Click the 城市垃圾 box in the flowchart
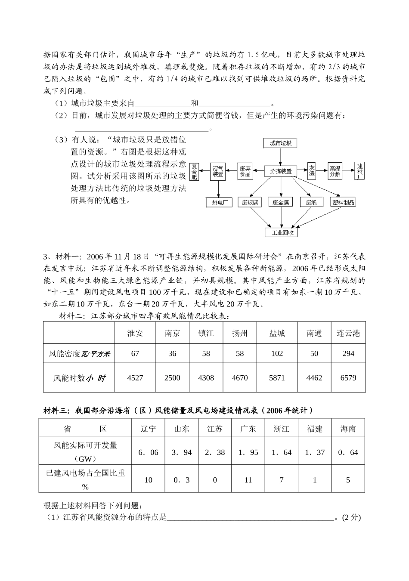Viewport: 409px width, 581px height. tap(280, 143)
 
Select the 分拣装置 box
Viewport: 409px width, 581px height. tap(281, 171)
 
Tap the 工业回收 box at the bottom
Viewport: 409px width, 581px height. tap(281, 232)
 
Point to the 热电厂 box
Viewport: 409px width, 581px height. tap(219, 202)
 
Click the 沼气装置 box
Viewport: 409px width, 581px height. tap(218, 171)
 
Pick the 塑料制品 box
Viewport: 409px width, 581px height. tap(343, 202)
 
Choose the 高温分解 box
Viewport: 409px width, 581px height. tap(335, 171)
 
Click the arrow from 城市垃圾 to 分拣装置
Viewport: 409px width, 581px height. tap(281, 157)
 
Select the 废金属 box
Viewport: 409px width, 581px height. tap(281, 202)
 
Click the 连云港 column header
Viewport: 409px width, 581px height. tap(348, 333)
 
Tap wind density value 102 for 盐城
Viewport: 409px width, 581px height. tap(277, 353)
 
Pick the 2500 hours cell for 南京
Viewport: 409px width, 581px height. tap(172, 377)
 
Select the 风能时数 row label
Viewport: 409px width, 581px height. tap(79, 378)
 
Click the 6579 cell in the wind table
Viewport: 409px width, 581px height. tap(348, 377)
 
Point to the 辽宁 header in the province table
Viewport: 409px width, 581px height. tap(148, 429)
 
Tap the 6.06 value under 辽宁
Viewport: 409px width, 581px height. tap(148, 452)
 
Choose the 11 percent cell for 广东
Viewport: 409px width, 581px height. tap(248, 479)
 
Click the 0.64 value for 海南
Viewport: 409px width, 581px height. tap(348, 452)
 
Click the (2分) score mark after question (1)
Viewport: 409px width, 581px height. tap(351, 517)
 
